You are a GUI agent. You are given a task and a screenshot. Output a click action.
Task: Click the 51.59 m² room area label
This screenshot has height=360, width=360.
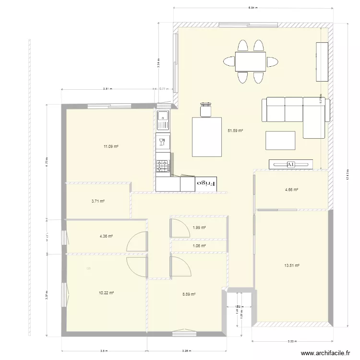pos(235,130)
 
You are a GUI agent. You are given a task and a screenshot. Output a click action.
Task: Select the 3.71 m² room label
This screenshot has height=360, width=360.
pos(98,202)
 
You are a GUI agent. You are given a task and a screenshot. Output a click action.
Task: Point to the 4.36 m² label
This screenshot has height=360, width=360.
pos(106,236)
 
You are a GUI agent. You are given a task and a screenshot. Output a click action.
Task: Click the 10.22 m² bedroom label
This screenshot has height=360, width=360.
pos(107,292)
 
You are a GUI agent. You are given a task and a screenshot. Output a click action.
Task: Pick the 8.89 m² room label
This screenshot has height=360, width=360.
pos(189,294)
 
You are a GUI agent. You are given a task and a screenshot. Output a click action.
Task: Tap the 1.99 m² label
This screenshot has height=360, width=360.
pos(199,228)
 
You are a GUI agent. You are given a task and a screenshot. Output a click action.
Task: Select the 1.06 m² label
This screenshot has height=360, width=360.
pos(199,246)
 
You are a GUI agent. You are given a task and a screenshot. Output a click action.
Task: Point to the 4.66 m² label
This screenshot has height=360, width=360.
pos(291,190)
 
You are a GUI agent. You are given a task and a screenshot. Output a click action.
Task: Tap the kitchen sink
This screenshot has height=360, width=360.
pos(163,120)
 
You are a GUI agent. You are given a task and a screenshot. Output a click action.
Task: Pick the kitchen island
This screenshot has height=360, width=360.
pos(207,136)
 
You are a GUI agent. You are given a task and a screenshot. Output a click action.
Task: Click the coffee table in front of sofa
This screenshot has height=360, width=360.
pos(280,141)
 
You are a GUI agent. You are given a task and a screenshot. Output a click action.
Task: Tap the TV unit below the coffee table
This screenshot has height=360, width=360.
pos(290,164)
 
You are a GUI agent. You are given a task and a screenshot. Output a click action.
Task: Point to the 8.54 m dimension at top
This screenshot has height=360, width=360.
pos(253,8)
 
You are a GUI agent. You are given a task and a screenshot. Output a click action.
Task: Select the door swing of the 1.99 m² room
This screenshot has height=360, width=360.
pos(178,228)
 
